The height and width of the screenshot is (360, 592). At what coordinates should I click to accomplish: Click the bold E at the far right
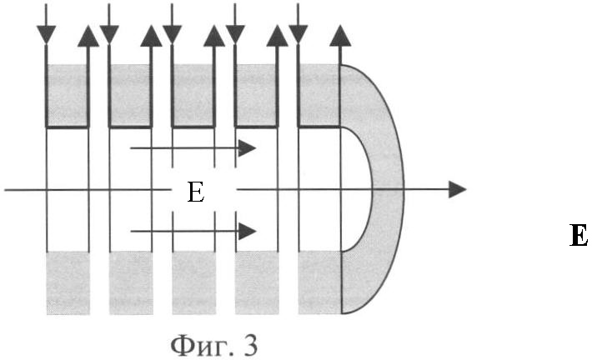point(578,235)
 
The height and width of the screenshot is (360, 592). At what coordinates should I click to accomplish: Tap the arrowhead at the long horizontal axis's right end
point(457,189)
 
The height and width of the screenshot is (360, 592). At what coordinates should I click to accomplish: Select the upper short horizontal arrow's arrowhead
point(248,148)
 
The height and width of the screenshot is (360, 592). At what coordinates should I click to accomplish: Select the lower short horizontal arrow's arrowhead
point(248,231)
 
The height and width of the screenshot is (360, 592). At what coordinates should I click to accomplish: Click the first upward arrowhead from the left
point(88,36)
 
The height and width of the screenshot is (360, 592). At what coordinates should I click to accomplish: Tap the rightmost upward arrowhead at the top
point(340,36)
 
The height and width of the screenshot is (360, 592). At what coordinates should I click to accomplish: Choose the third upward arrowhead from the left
point(214,36)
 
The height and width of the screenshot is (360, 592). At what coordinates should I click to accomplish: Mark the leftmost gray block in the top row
point(68,95)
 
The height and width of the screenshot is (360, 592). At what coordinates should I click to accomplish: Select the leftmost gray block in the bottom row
point(68,282)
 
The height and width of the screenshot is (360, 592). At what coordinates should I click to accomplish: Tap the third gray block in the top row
point(193,95)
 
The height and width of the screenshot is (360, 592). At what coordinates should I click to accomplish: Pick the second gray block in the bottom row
point(131,282)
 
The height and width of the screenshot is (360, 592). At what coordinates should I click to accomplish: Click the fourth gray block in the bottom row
point(257,282)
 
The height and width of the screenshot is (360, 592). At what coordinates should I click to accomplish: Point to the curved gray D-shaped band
point(388,188)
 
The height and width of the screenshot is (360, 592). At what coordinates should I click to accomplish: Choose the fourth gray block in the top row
point(256,95)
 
